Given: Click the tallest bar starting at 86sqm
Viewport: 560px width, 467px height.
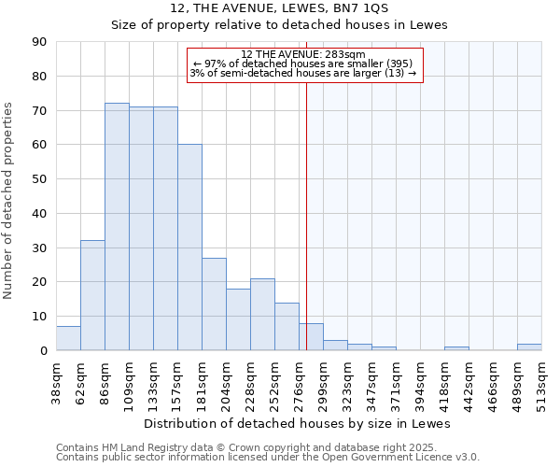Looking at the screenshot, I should pos(117,227).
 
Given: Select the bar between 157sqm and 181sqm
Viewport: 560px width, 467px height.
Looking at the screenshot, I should pos(189,248).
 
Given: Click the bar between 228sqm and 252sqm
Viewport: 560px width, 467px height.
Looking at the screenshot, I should pos(262,315).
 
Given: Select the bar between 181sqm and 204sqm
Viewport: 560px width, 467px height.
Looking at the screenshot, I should pos(214,304).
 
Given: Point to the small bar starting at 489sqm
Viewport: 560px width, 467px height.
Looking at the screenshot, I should pos(529,347).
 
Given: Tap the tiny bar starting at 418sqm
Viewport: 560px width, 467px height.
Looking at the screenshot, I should pos(456,348).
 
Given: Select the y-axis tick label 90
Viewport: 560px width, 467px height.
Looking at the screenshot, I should pos(39,42).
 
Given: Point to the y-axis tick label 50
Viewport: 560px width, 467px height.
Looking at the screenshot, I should pos(39,179).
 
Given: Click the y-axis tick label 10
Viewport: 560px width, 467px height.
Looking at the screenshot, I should pos(39,317).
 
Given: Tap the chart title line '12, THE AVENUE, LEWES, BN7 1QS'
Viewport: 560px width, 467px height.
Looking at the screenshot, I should pos(280,8).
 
